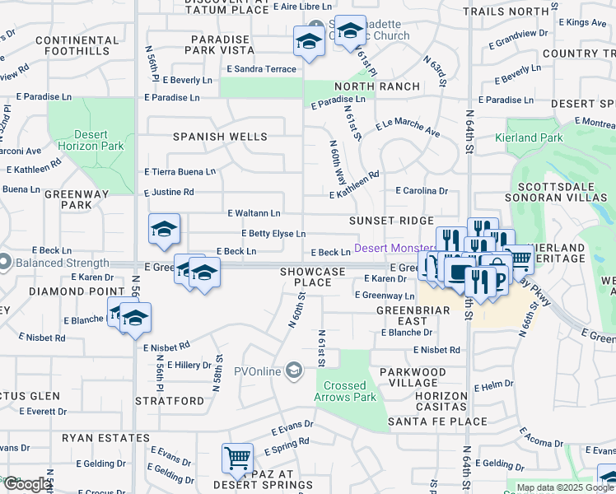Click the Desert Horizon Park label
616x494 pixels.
pos(91,140)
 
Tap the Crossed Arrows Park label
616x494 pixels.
pos(344,391)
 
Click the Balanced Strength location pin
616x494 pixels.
pos(4,263)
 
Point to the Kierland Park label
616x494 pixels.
pos(528,137)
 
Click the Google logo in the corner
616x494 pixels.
pos(26,484)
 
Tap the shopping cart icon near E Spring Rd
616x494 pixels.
pos(237,457)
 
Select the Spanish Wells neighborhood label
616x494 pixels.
pos(220,137)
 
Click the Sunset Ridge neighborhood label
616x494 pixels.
pos(390,221)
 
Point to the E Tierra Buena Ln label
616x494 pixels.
pos(180,172)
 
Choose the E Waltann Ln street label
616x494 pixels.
pos(254,213)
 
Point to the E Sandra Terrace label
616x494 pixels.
pos(261,69)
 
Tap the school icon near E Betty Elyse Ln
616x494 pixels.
pos(165,230)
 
